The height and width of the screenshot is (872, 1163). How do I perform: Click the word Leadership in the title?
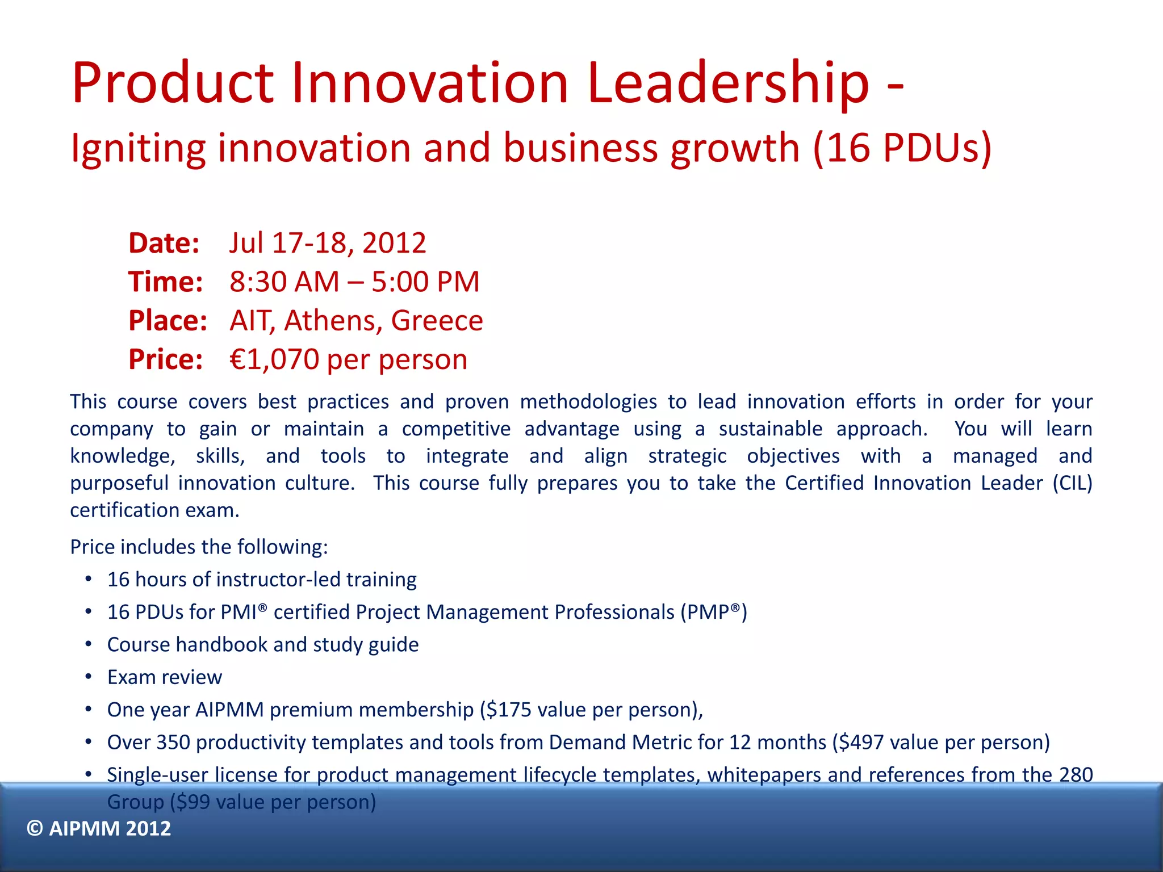click(x=728, y=84)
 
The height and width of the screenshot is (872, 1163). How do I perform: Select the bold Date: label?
click(x=164, y=244)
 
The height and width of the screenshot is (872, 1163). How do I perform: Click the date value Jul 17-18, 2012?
click(x=328, y=244)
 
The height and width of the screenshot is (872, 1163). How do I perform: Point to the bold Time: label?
click(x=165, y=282)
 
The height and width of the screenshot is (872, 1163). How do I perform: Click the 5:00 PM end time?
click(x=425, y=282)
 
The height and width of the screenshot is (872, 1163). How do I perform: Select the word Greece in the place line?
click(x=437, y=321)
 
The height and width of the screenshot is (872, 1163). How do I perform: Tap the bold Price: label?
click(x=165, y=360)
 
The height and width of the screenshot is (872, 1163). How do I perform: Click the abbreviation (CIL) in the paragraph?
click(x=1072, y=483)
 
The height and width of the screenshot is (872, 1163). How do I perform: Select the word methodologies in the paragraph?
click(x=588, y=402)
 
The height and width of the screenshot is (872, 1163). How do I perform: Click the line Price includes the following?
click(x=199, y=547)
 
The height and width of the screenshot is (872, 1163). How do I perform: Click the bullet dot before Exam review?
click(x=89, y=677)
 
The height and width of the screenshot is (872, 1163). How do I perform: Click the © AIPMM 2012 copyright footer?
click(x=99, y=829)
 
